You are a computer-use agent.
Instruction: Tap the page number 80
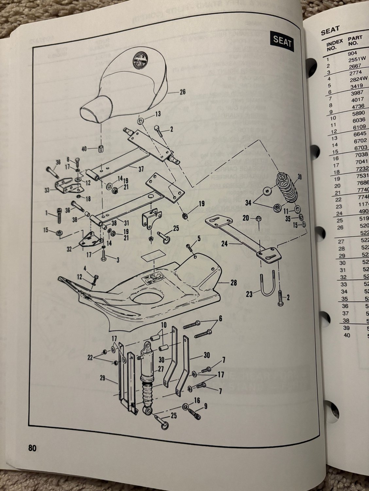(x=32, y=448)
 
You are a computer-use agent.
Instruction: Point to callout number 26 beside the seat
(x=182, y=92)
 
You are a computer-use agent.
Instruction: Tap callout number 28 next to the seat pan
(x=233, y=282)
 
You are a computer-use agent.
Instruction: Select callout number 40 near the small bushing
(x=84, y=149)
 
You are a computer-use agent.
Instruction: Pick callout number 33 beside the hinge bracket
(x=48, y=190)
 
